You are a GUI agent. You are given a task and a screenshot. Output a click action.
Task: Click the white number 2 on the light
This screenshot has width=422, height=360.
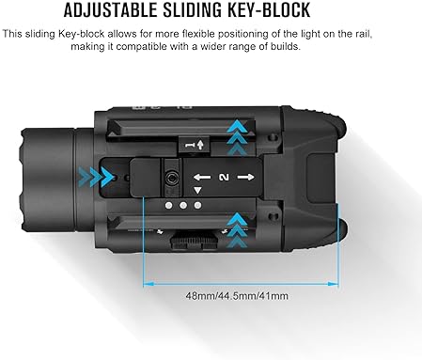[x=223, y=177]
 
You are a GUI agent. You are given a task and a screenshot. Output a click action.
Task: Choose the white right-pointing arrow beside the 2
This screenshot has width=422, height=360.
[x=244, y=177]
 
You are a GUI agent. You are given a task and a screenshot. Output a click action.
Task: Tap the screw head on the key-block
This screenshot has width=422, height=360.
[x=175, y=175]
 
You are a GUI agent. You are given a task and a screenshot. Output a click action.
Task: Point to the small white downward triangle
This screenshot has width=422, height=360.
[x=196, y=190]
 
